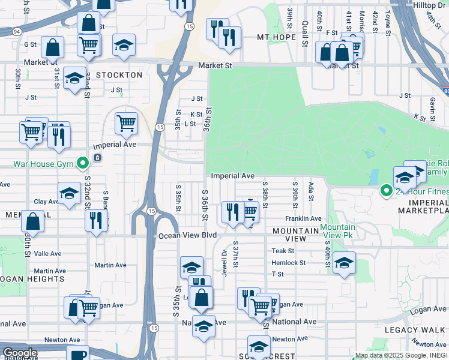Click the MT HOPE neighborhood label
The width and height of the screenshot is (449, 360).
pyautogui.click(x=277, y=37)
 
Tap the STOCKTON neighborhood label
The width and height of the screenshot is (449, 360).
pyautogui.click(x=118, y=76)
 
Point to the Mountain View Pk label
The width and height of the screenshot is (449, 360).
pyautogui.click(x=337, y=231)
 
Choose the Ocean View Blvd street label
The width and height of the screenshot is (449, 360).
pyautogui.click(x=187, y=236)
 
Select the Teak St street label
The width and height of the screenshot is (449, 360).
pyautogui.click(x=283, y=251)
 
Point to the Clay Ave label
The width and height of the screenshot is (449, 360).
pyautogui.click(x=46, y=202)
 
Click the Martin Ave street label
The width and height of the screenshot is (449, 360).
pyautogui.click(x=110, y=265)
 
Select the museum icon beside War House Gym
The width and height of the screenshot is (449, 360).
pyautogui.click(x=97, y=158)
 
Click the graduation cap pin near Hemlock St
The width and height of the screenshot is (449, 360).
pyautogui.click(x=344, y=262)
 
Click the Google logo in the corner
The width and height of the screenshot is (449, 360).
pyautogui.click(x=20, y=353)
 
